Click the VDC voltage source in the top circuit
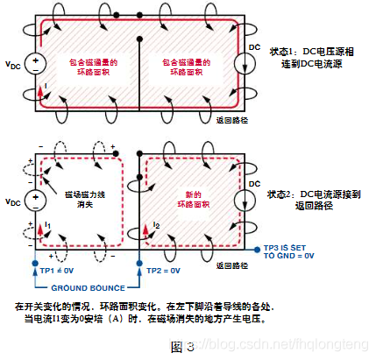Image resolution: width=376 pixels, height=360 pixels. [35, 64]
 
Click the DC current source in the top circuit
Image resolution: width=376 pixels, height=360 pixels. [245, 63]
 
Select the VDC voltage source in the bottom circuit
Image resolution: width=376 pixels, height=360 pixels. [35, 201]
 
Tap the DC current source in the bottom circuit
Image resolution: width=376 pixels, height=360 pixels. [245, 200]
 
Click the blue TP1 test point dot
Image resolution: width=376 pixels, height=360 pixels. [35, 264]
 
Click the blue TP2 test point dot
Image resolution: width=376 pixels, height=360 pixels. [139, 264]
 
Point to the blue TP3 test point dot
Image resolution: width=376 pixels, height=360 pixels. [257, 250]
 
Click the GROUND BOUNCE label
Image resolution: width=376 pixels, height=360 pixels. [89, 288]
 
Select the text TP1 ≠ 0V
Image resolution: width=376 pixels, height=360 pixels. [57, 271]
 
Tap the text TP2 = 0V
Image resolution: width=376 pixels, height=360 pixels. [164, 271]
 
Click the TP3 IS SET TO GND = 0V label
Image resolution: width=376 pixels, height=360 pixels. [288, 251]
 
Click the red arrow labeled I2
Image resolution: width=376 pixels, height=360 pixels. [145, 229]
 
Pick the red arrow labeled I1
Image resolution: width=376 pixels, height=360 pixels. [40, 229]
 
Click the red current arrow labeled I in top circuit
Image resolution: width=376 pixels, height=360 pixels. [40, 93]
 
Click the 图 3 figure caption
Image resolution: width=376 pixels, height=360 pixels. [182, 347]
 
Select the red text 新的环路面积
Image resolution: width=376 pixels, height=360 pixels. [194, 200]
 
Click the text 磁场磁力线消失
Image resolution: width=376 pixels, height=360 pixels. [85, 200]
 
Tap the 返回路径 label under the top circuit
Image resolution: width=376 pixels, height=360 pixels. [232, 120]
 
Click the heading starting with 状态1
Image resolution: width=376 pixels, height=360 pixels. [312, 58]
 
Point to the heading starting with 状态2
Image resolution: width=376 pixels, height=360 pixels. [314, 201]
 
